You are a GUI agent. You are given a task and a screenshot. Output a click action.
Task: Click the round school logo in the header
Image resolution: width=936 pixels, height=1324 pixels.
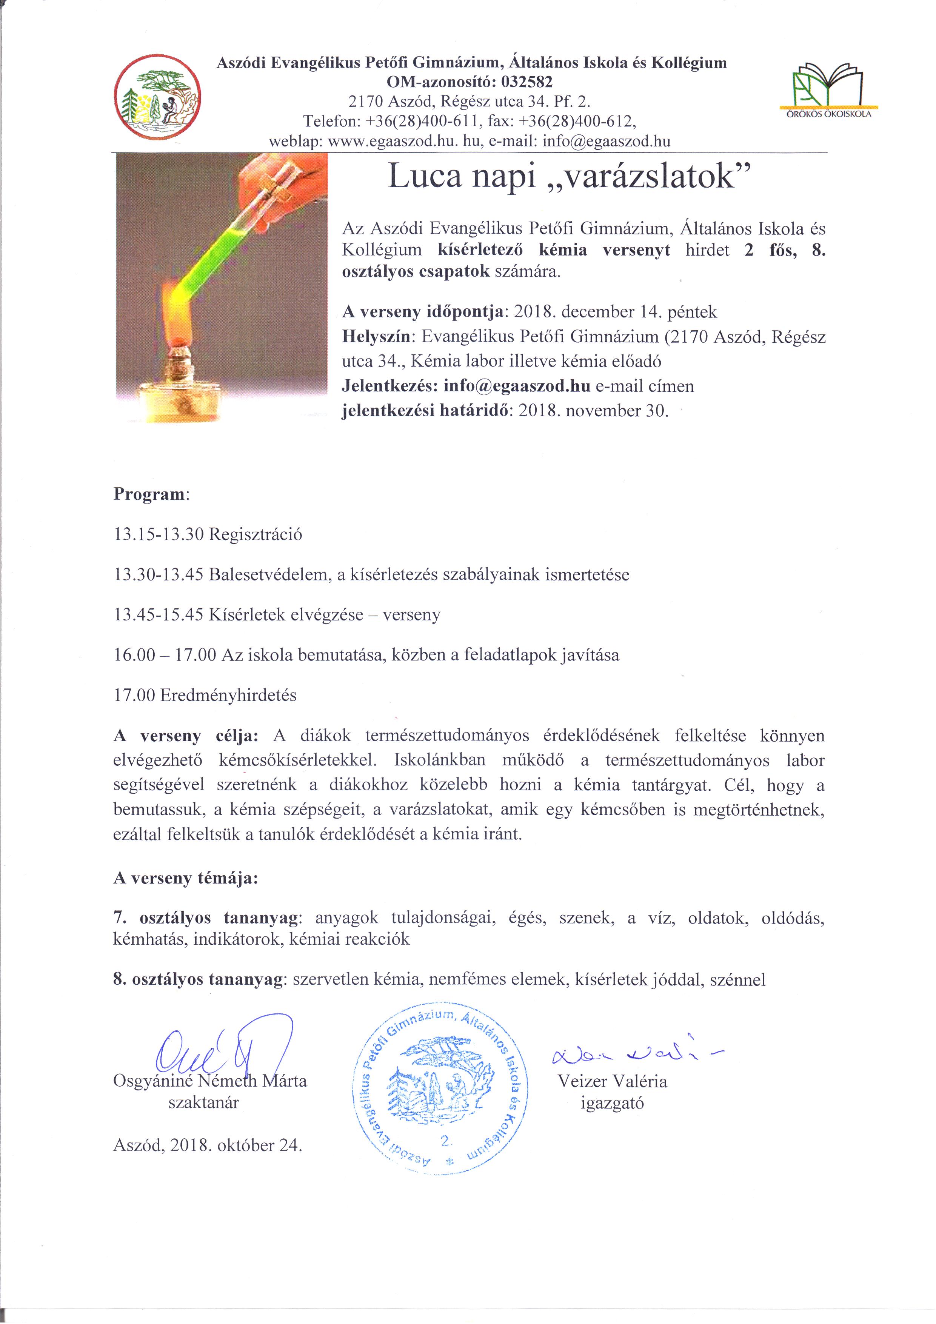tap(157, 97)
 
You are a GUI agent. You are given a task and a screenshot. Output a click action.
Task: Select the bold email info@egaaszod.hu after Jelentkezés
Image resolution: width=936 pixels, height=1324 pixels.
tap(517, 386)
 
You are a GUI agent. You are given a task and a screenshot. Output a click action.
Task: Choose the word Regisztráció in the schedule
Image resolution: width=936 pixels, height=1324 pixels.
tap(256, 534)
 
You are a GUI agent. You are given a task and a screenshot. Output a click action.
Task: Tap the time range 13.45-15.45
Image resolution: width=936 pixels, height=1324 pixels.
tap(159, 615)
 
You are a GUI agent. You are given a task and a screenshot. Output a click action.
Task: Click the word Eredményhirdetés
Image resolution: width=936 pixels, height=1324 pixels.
tap(228, 696)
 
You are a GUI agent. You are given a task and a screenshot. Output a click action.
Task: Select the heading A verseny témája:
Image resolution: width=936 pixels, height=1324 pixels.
tap(186, 878)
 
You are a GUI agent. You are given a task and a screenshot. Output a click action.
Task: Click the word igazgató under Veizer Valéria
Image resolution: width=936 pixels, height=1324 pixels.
tap(612, 1103)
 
